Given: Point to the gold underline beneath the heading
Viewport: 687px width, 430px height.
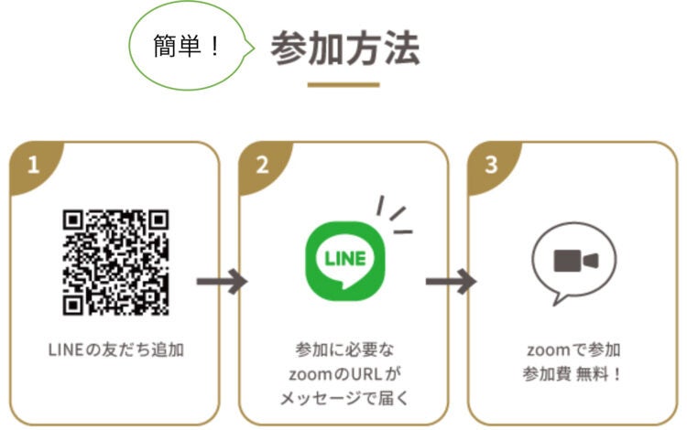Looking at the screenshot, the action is coord(343,84).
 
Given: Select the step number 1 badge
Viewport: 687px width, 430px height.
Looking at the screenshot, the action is coord(34,165).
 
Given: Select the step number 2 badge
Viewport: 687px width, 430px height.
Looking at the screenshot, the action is coord(263,165).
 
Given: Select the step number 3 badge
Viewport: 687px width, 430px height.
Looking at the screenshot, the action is coord(492,165).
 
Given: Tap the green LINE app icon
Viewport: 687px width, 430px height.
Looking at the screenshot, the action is coord(343,258).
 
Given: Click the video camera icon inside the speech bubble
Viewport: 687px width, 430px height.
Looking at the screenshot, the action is coord(575,260).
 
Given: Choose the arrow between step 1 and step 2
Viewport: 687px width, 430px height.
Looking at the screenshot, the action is coord(222,280).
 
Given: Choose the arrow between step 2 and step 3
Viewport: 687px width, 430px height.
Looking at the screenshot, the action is coord(451,280).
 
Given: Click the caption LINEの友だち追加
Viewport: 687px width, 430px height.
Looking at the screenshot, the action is coord(114,349).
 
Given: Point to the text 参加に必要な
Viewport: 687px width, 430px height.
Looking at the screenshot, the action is coord(343,350).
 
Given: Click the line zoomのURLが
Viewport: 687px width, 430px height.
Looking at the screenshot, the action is coord(343,374).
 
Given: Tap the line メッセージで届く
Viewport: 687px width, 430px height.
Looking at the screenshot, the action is coord(343,398).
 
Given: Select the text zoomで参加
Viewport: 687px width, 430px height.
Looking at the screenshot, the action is coord(573,350).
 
